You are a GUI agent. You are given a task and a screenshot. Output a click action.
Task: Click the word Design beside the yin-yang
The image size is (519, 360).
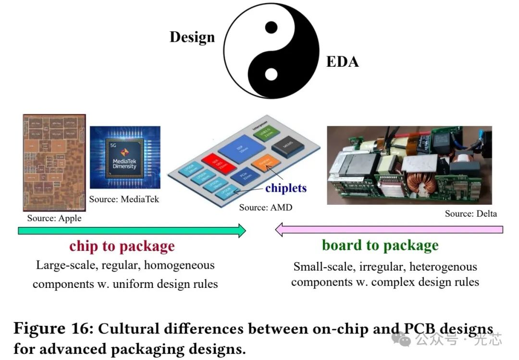[192, 37]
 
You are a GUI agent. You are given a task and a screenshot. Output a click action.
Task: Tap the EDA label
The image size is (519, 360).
[342, 62]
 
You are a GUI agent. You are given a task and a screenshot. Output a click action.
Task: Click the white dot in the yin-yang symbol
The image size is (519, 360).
[271, 74]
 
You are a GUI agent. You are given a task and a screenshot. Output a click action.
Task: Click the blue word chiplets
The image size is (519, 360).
[285, 187]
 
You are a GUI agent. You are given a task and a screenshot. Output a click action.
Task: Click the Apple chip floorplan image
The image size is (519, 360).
[54, 162]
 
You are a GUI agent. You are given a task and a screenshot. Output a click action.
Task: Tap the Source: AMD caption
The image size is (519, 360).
[265, 207]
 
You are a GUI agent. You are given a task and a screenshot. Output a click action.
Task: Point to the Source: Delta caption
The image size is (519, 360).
[471, 213]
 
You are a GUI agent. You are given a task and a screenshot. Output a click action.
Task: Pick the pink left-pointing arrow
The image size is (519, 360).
[389, 230]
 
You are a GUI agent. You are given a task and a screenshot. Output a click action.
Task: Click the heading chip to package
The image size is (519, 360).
[122, 246]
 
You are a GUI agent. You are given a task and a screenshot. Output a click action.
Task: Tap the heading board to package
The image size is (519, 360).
[380, 245]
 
